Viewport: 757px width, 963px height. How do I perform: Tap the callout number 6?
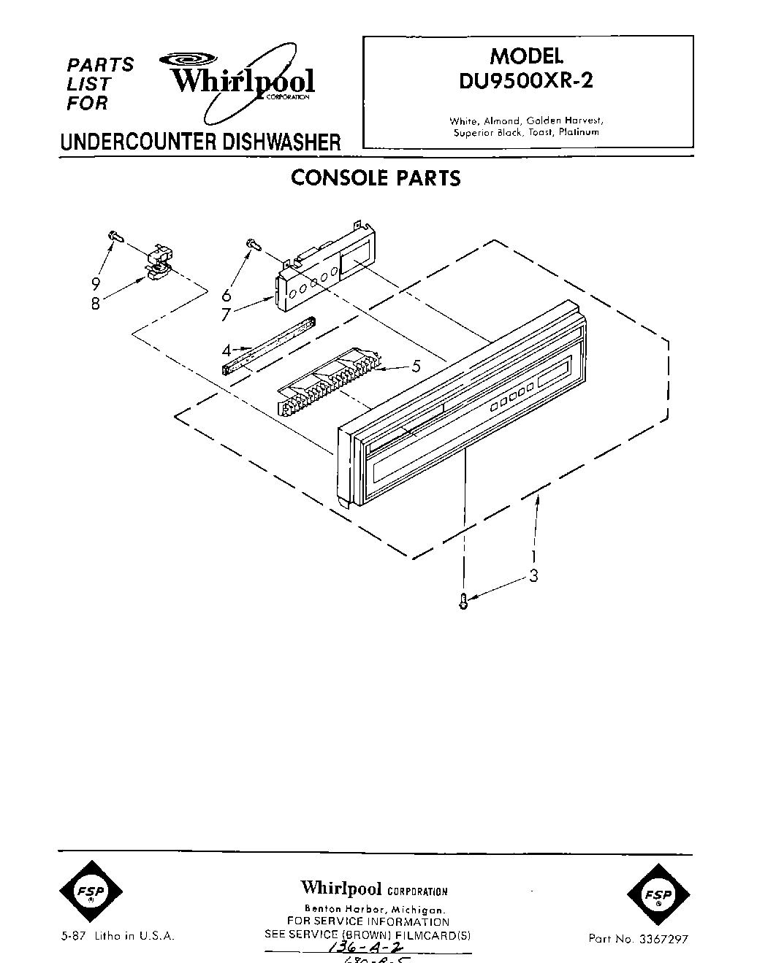click(x=227, y=295)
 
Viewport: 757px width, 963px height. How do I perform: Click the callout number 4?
click(x=227, y=349)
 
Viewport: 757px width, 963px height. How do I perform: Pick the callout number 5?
click(x=416, y=367)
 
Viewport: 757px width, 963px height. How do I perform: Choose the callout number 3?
click(x=533, y=576)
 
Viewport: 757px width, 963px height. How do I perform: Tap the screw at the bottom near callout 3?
click(x=463, y=601)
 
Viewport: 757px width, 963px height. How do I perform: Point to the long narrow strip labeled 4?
click(x=268, y=345)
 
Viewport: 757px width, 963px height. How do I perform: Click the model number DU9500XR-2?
click(x=526, y=80)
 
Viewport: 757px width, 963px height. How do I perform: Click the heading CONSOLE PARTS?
click(x=376, y=177)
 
